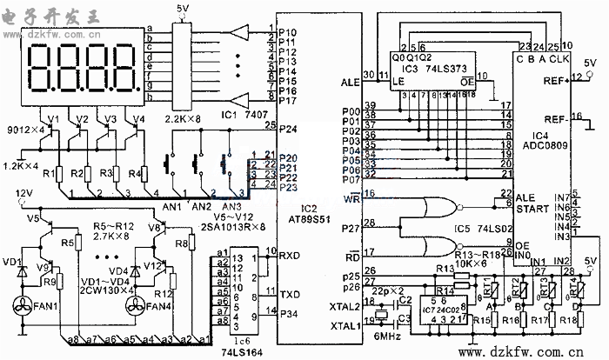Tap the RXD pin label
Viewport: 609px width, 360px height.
click(290, 255)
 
